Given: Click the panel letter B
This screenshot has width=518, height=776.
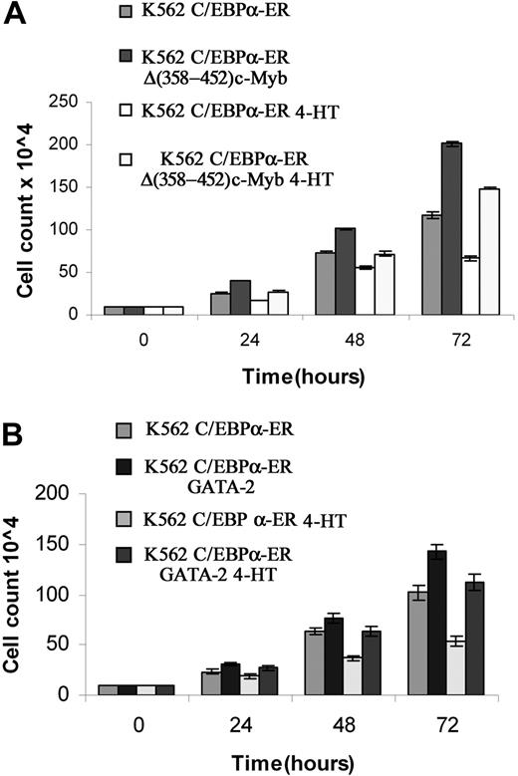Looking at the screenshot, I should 14,408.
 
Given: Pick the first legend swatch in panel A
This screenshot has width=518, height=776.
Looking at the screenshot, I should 123,13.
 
